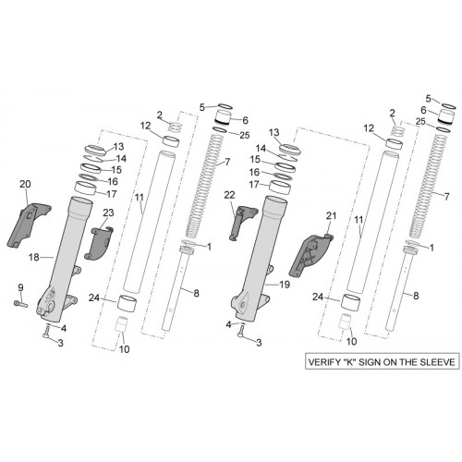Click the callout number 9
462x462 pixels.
[20, 288]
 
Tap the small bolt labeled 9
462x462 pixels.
[20, 304]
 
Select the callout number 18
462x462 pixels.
[34, 257]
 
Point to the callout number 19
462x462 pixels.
[285, 285]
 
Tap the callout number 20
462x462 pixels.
[25, 184]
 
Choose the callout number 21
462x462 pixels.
[331, 216]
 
